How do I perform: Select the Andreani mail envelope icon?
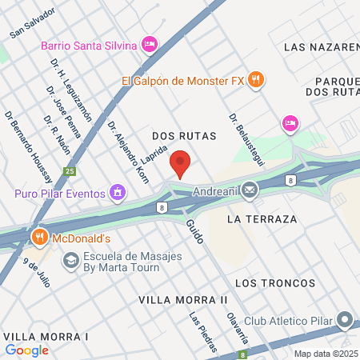pyautogui.click(x=250, y=190)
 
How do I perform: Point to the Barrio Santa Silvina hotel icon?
pyautogui.click(x=149, y=45)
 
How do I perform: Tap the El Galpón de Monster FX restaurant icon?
pyautogui.click(x=256, y=79)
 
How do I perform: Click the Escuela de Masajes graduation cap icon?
pyautogui.click(x=71, y=261)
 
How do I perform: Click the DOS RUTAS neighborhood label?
pyautogui.click(x=184, y=137)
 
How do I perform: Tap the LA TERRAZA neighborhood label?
pyautogui.click(x=262, y=218)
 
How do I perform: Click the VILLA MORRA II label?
pyautogui.click(x=183, y=299)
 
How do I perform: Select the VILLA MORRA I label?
pyautogui.click(x=45, y=336)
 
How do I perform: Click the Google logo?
pyautogui.click(x=26, y=350)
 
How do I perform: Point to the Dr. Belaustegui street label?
pyautogui.click(x=243, y=128)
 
